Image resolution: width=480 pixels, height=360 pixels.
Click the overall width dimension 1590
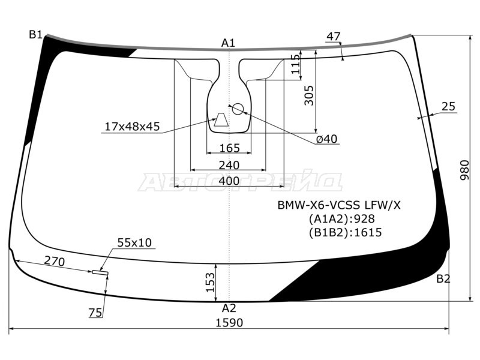click(229, 323)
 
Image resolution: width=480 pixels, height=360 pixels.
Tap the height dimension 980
click(464, 170)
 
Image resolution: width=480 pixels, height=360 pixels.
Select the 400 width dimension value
click(229, 181)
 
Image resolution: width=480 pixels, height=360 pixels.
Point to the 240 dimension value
click(229, 166)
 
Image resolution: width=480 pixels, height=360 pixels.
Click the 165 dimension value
click(230, 148)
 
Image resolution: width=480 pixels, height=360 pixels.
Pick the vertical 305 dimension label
click(309, 95)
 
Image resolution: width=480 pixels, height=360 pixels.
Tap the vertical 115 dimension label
click(296, 64)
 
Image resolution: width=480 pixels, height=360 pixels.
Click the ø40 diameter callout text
click(326, 139)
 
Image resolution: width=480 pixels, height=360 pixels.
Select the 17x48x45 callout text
click(132, 126)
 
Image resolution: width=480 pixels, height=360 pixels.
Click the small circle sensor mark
click(238, 109)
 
